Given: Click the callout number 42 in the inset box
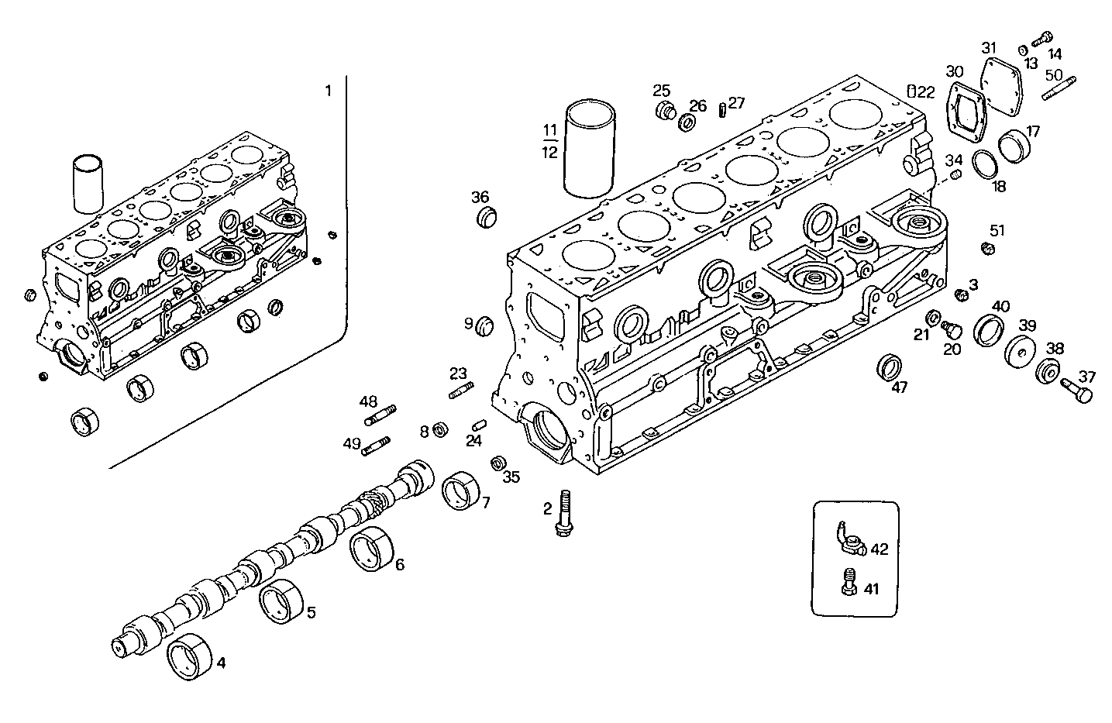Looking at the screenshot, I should tap(879, 549).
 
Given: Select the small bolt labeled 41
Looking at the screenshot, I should tap(849, 583).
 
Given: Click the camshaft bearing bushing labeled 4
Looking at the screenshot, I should tap(190, 656).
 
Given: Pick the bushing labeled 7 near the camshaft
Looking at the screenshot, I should tap(463, 491).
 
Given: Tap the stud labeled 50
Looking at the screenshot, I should tap(1056, 86).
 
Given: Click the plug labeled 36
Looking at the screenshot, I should tap(485, 217).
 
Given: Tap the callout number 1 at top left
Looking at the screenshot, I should tap(328, 91).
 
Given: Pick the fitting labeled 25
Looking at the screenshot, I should tap(664, 110).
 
